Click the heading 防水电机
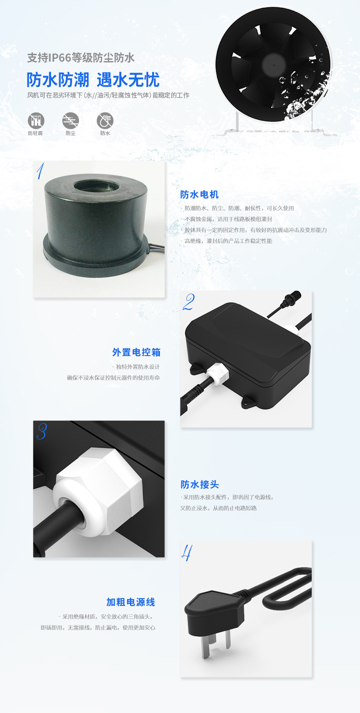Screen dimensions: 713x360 199,195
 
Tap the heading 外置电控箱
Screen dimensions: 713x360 136,352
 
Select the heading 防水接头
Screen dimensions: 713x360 199,484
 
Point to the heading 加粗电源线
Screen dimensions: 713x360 131,602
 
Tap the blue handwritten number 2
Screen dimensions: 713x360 188,303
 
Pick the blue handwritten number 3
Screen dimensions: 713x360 41,431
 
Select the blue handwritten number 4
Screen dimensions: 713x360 186,553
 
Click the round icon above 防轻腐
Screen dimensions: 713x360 36,120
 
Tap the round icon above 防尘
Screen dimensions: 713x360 70,120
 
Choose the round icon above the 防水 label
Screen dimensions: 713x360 105,120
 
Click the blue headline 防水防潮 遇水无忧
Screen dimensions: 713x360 93,80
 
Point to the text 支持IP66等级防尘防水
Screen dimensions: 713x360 81,58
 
